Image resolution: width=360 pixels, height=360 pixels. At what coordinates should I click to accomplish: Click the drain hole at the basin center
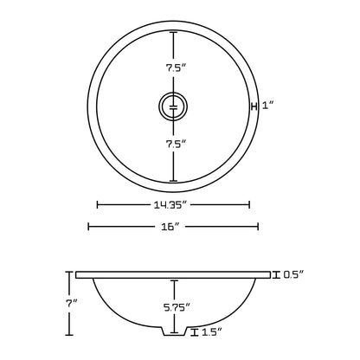[173, 106]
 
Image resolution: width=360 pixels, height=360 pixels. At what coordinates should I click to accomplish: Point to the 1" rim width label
[267, 106]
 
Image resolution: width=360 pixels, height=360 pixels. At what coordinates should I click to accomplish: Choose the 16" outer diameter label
[171, 227]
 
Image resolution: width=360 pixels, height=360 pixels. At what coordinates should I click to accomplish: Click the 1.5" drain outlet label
[211, 332]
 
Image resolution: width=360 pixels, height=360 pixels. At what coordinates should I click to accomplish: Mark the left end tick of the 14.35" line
[97, 205]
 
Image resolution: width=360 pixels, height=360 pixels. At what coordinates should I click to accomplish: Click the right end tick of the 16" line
[258, 227]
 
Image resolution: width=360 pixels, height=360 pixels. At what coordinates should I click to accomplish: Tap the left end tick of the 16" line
[88, 227]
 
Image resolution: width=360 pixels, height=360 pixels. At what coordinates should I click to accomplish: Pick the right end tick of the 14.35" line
[249, 205]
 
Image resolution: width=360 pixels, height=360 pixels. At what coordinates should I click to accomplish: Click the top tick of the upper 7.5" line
[173, 32]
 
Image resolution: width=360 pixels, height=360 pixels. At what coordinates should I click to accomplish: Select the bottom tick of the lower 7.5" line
[173, 181]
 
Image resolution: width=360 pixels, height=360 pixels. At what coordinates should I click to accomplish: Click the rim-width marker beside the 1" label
[254, 106]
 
